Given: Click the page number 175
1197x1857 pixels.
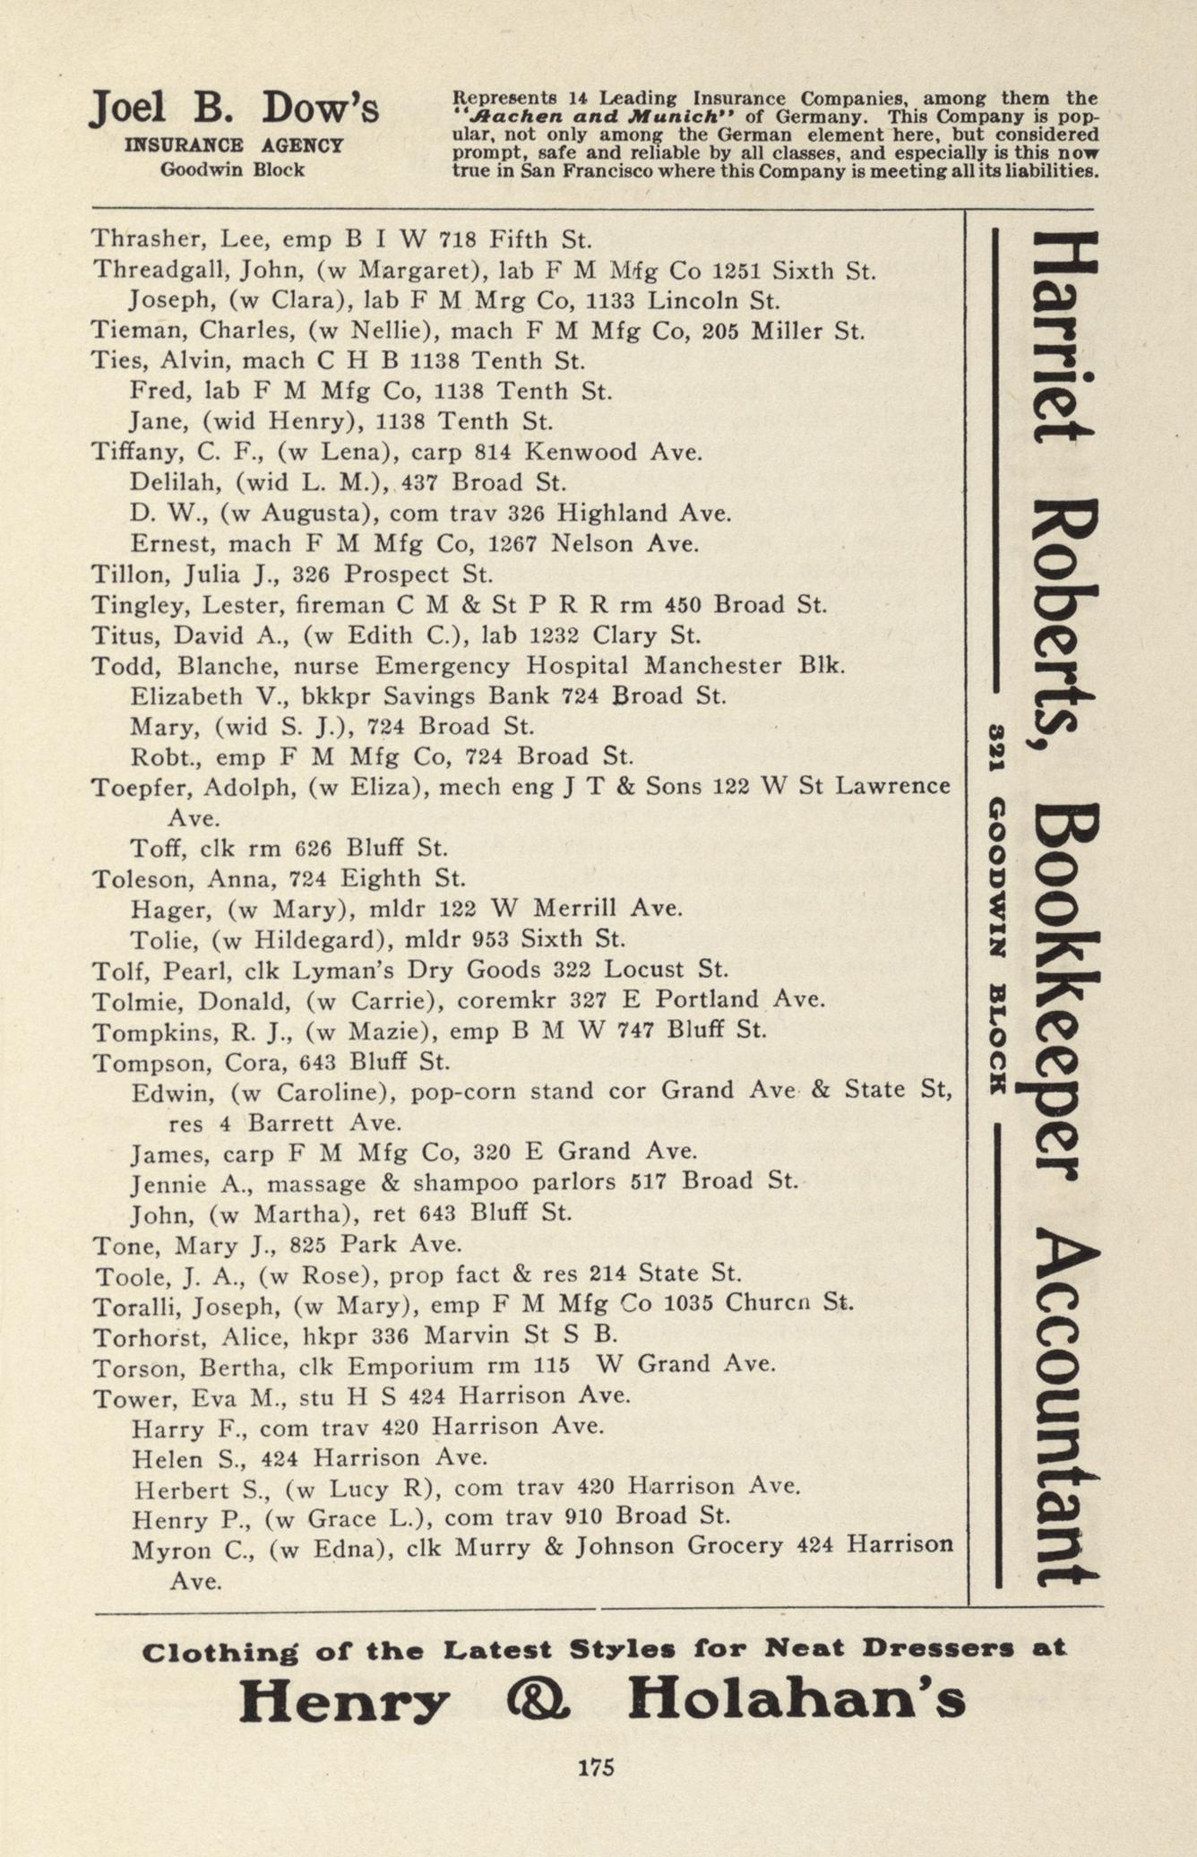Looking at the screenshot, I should click(596, 1766).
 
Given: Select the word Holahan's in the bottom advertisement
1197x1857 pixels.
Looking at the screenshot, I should click(796, 1699).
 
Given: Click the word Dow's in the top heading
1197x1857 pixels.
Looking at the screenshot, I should click(321, 108).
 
